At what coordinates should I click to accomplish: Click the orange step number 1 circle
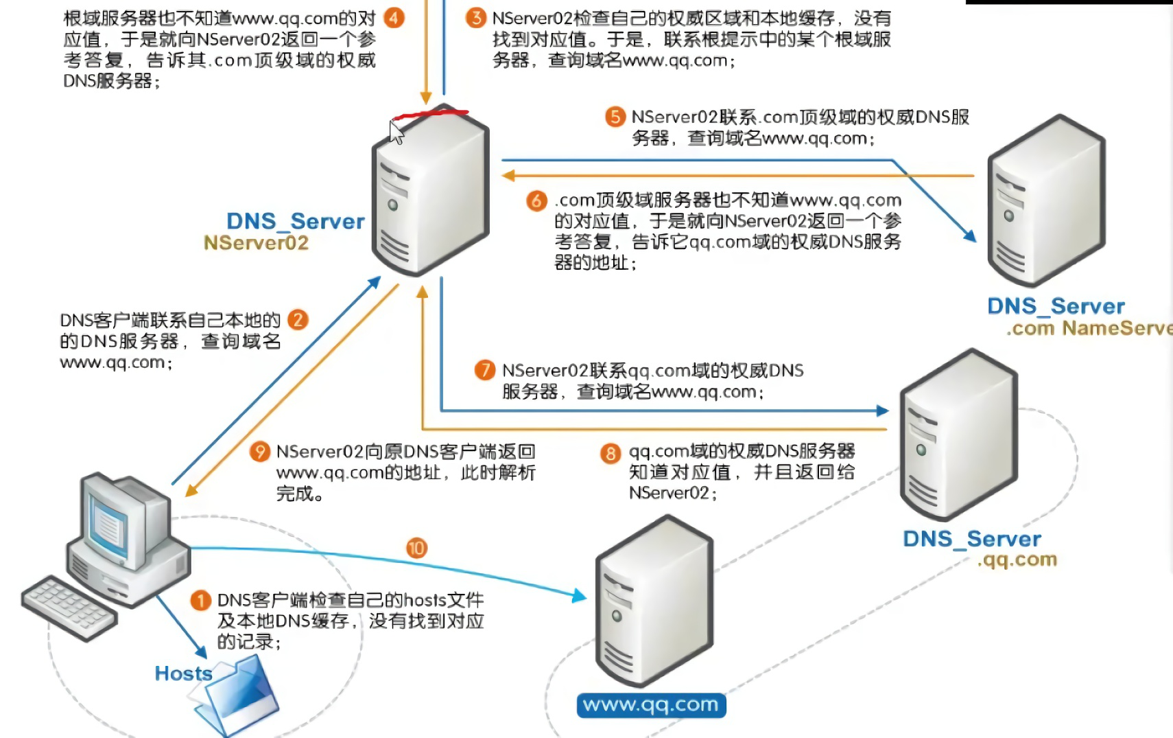click(200, 601)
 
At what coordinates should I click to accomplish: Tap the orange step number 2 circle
click(298, 320)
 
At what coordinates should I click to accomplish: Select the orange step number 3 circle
click(476, 18)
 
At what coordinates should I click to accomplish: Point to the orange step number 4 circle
click(394, 18)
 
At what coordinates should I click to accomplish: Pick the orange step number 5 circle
click(615, 117)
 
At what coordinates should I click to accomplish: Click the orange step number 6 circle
click(536, 200)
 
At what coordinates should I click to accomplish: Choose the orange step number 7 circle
click(485, 371)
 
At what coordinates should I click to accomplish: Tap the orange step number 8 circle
click(611, 453)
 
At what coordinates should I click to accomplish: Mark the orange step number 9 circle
click(259, 452)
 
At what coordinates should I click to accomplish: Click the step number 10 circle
click(417, 548)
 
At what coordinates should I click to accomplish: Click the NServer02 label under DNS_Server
click(256, 243)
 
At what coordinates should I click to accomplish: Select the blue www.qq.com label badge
click(651, 705)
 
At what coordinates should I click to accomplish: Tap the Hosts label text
click(183, 673)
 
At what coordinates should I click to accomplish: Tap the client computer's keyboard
click(69, 607)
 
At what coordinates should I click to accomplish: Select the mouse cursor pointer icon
click(396, 132)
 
